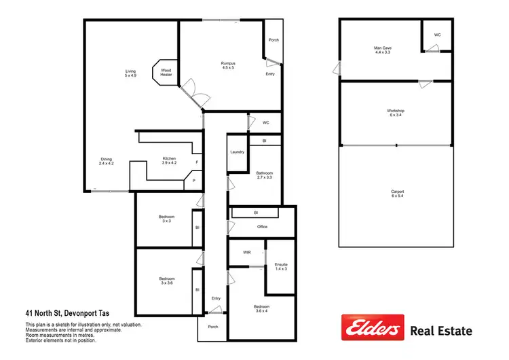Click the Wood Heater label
click(x=166, y=72)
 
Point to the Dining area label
click(x=107, y=161)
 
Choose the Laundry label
click(x=237, y=152)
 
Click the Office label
click(x=262, y=227)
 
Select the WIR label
click(x=247, y=252)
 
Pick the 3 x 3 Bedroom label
click(x=166, y=219)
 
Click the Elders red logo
click(x=372, y=329)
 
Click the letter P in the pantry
click(x=193, y=181)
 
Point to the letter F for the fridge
click(x=197, y=163)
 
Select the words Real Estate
click(x=442, y=331)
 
